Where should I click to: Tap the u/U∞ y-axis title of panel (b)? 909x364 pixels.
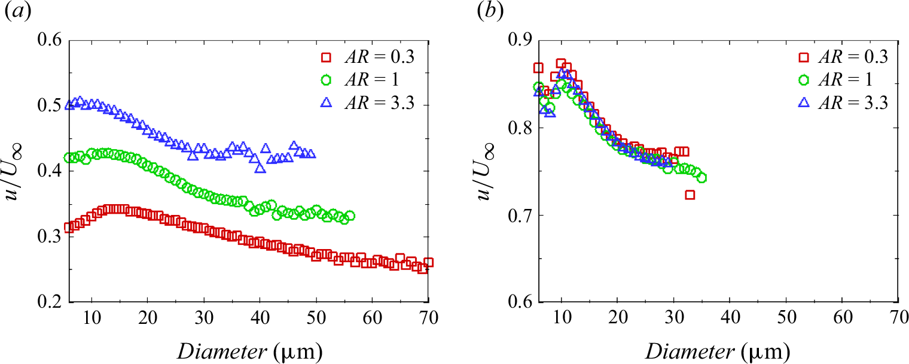[x=489, y=171]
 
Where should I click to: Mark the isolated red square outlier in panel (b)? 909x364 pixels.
[x=690, y=195]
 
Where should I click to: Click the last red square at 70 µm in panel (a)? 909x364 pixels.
[x=428, y=262]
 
